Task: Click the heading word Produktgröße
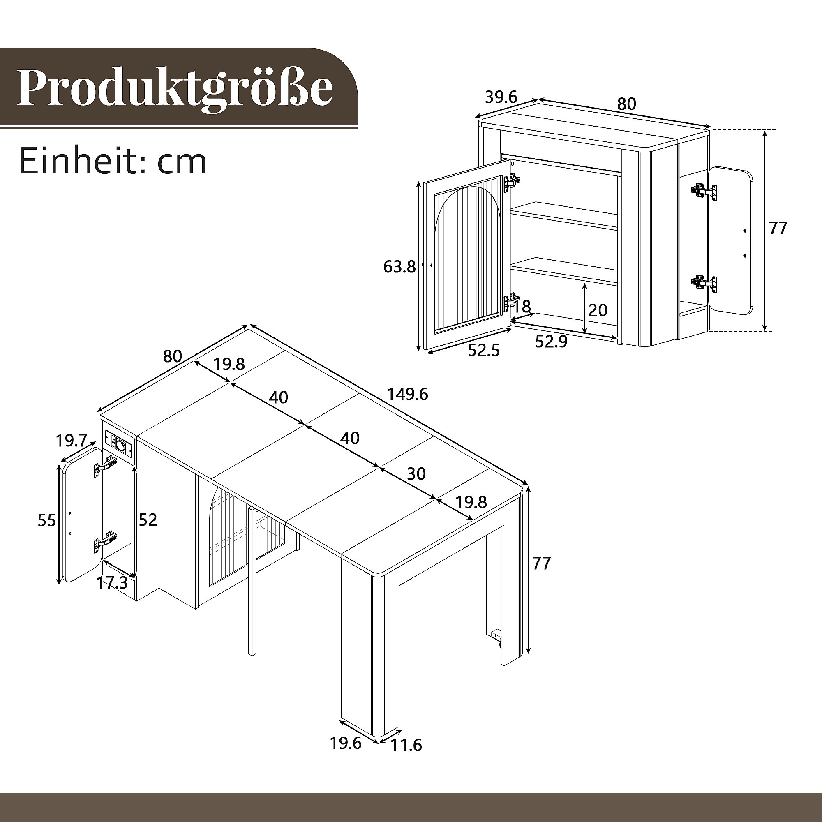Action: (174, 88)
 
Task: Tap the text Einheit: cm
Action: (113, 162)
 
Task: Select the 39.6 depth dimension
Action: (501, 97)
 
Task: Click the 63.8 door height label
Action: (399, 267)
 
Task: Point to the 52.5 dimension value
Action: (484, 350)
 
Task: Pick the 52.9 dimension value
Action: (552, 341)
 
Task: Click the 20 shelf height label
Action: (598, 310)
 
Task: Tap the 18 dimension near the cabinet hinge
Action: (522, 306)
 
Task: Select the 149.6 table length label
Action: (407, 395)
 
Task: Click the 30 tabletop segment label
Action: (416, 473)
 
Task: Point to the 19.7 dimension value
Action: (72, 440)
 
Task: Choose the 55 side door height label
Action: (47, 520)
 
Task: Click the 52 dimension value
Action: (148, 520)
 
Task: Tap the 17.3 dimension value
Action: (112, 582)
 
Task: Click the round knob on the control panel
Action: (122, 446)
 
